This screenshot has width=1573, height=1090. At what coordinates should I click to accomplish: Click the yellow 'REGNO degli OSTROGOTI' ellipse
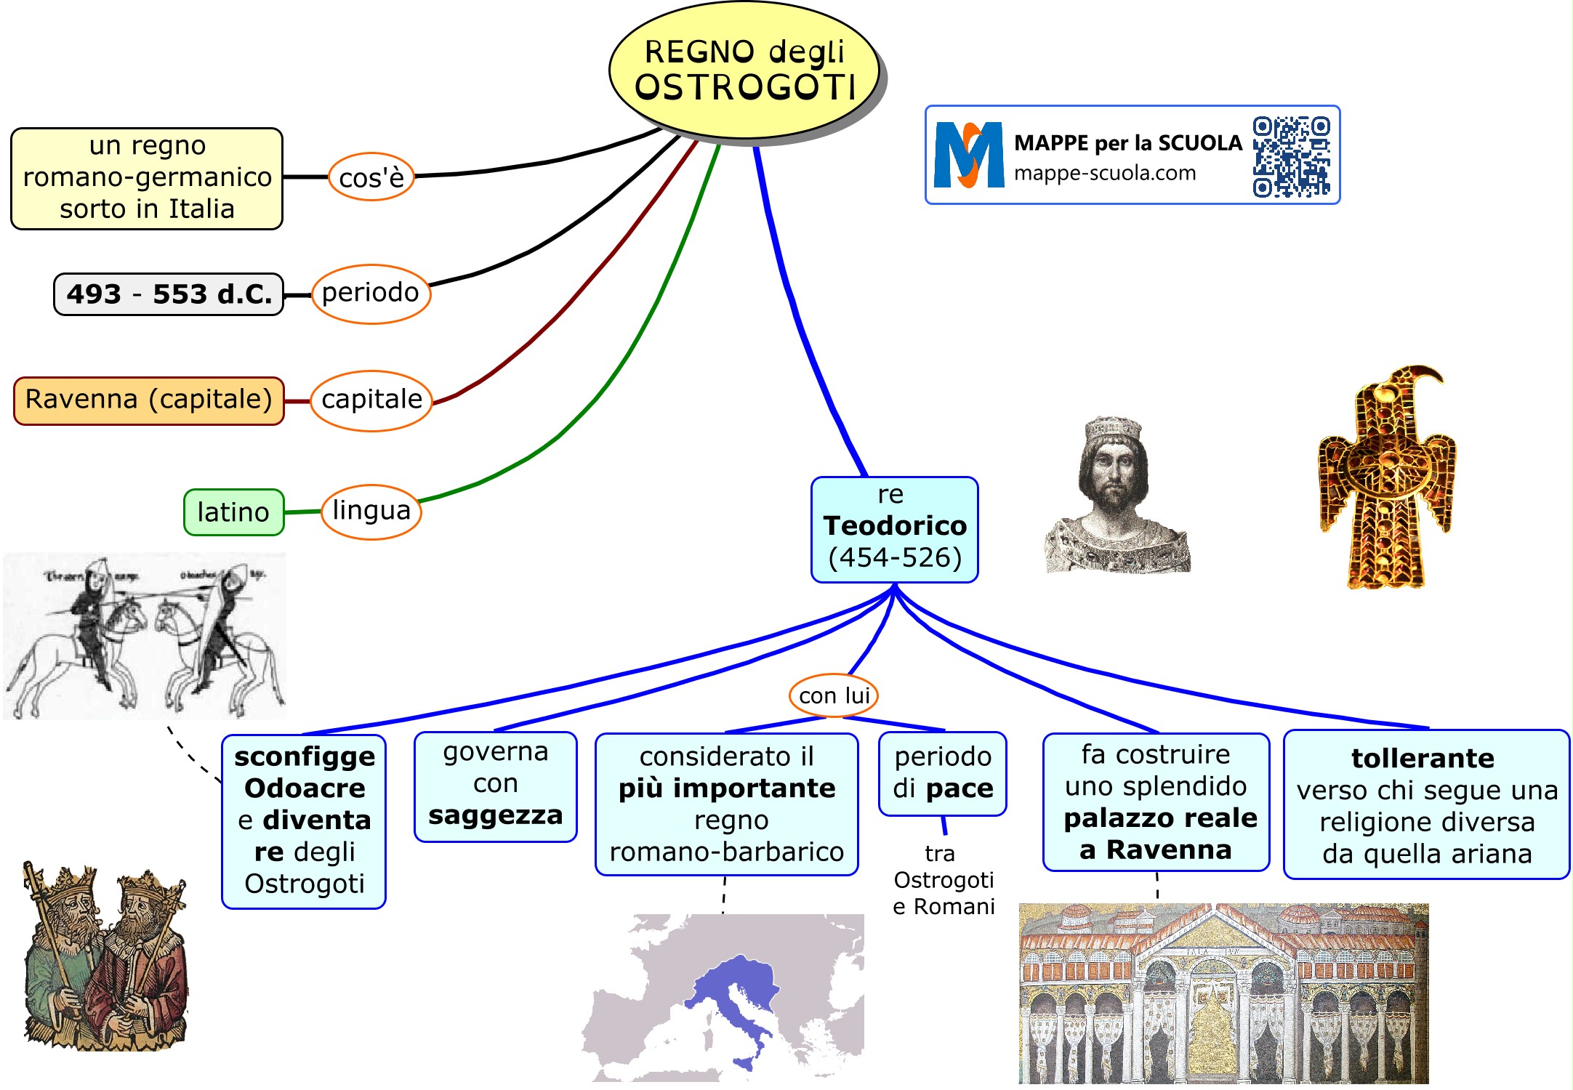pyautogui.click(x=744, y=70)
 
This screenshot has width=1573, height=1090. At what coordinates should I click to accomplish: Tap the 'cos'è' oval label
pyautogui.click(x=371, y=177)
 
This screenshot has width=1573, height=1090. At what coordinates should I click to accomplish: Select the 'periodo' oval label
pyautogui.click(x=371, y=294)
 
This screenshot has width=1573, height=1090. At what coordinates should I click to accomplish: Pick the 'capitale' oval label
pyautogui.click(x=371, y=400)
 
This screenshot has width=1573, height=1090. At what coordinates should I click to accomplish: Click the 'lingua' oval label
pyautogui.click(x=371, y=512)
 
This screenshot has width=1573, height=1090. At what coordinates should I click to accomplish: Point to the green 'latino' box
pyautogui.click(x=233, y=512)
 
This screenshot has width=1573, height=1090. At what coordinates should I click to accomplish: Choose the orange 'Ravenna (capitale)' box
pyautogui.click(x=148, y=400)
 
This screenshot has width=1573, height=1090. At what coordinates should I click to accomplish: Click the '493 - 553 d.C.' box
pyautogui.click(x=169, y=294)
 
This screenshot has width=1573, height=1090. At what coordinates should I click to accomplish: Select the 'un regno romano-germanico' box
pyautogui.click(x=147, y=178)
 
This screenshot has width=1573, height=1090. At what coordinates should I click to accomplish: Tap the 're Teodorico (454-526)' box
pyautogui.click(x=894, y=529)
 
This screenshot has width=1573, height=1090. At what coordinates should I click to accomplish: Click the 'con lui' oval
pyautogui.click(x=834, y=695)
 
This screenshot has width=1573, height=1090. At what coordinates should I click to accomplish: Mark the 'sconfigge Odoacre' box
pyautogui.click(x=304, y=820)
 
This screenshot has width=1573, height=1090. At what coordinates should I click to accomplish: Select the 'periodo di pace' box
pyautogui.click(x=942, y=773)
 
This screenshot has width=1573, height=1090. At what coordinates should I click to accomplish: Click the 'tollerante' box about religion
pyautogui.click(x=1426, y=804)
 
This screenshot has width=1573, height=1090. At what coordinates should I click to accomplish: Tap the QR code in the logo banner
pyautogui.click(x=1291, y=156)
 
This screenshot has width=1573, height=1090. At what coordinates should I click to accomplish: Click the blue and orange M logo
pyautogui.click(x=968, y=156)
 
